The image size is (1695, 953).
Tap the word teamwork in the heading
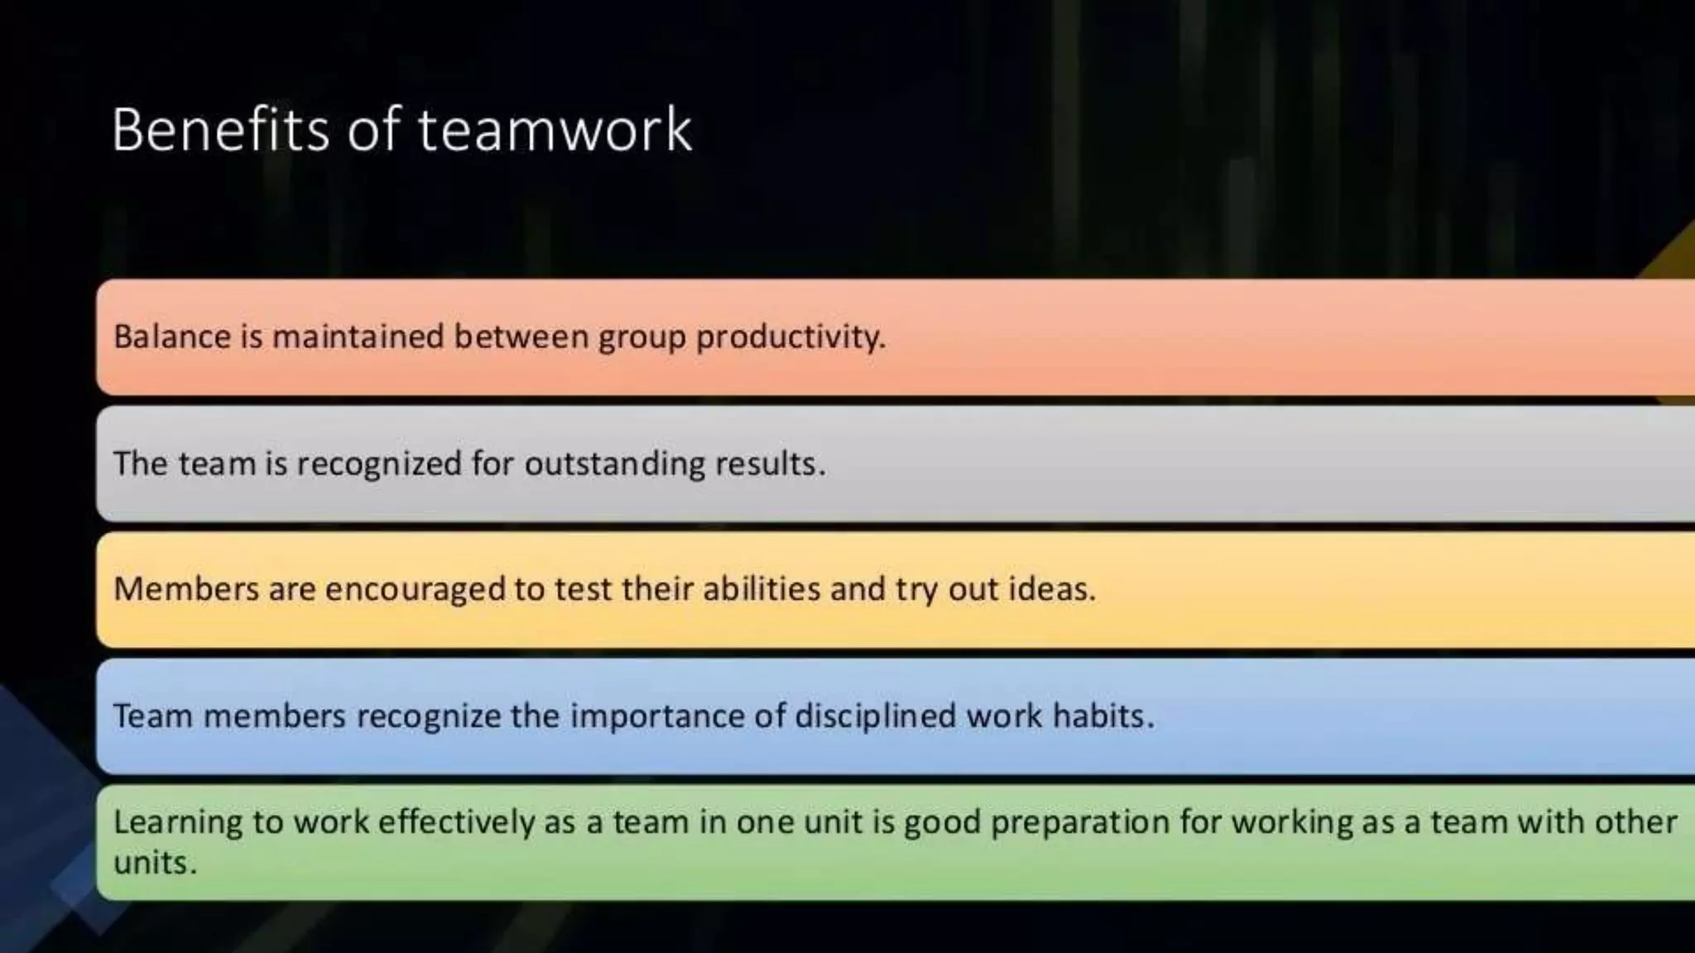[x=555, y=130]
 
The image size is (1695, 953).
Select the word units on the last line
[x=155, y=864]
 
